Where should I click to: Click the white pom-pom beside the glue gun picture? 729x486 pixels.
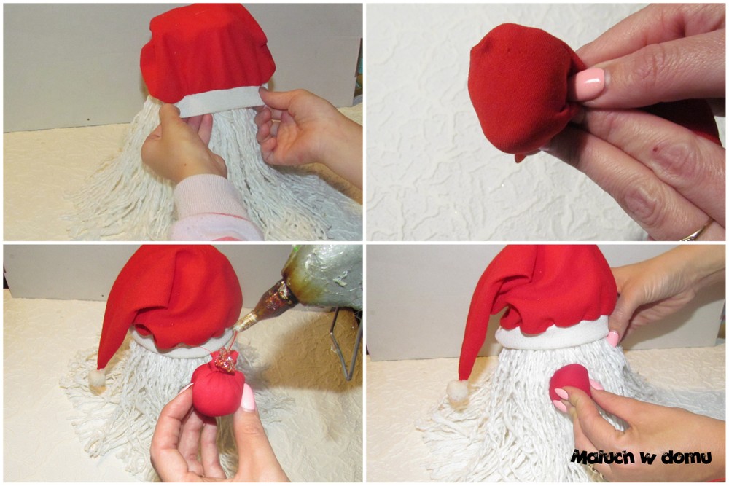[97, 377]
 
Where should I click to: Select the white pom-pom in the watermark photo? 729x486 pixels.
[456, 389]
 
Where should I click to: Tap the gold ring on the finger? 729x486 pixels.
[697, 231]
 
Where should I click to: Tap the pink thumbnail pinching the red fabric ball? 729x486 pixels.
[590, 84]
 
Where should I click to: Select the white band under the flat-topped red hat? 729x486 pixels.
[219, 100]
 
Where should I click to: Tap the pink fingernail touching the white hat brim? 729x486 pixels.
[613, 338]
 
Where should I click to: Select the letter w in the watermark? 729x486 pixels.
[647, 458]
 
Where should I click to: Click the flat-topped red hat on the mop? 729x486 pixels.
[208, 53]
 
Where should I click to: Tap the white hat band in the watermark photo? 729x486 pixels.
[553, 334]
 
